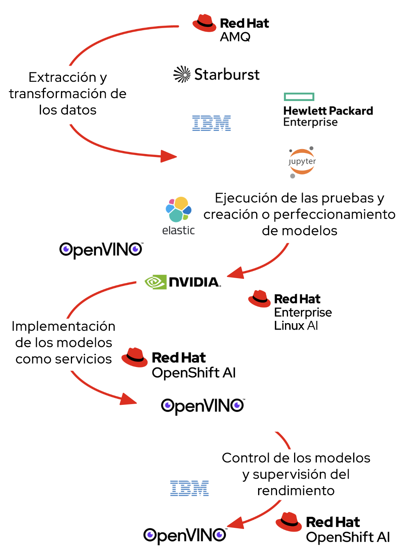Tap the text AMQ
pyautogui.click(x=235, y=37)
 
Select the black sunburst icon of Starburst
pyautogui.click(x=182, y=74)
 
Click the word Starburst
pyautogui.click(x=227, y=75)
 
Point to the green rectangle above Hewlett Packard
pyautogui.click(x=299, y=97)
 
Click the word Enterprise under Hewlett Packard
pyautogui.click(x=310, y=122)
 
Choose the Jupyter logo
pyautogui.click(x=302, y=162)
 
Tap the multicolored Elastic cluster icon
pyautogui.click(x=179, y=209)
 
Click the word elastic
pyautogui.click(x=178, y=230)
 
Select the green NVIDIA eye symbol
pyautogui.click(x=155, y=282)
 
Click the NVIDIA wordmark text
pyautogui.click(x=194, y=282)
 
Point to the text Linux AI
pyautogui.click(x=296, y=325)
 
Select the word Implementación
pyautogui.click(x=63, y=326)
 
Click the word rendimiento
pyautogui.click(x=296, y=490)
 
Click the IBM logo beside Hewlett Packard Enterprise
pyautogui.click(x=211, y=123)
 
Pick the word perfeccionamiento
pyautogui.click(x=334, y=215)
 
